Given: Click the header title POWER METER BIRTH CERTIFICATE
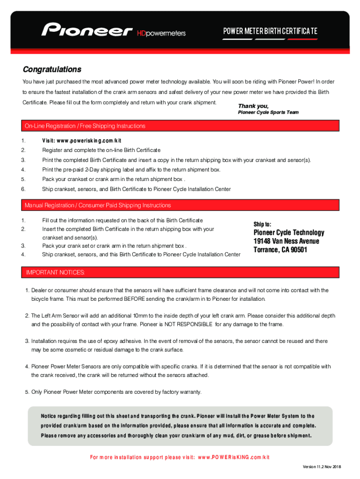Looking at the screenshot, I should tap(270, 31).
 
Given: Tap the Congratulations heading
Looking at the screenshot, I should tap(52, 70).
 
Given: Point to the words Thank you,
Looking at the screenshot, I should tap(253, 106).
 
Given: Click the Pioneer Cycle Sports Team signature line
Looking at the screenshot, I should tap(268, 113).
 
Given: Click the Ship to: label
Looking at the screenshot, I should tap(262, 224).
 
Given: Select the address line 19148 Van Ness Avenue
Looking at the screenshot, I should tap(286, 241).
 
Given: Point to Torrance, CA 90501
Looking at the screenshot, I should tap(280, 250).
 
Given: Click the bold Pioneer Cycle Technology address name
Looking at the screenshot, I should tap(288, 233).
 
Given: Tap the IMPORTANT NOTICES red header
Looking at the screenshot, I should tap(55, 272).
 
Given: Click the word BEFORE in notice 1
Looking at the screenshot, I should tap(135, 299).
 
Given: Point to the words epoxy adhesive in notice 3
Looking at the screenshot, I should tap(120, 341).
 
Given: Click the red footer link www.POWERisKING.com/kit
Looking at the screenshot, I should tap(234, 457).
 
